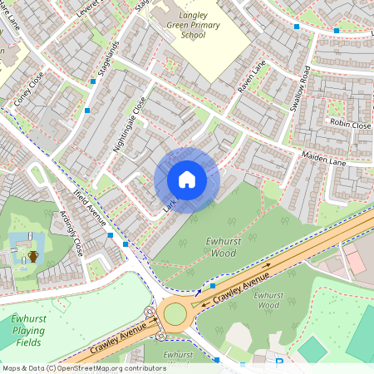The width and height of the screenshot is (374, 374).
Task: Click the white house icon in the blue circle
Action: pyautogui.click(x=187, y=180)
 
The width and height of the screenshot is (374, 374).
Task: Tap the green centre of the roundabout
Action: pyautogui.click(x=175, y=313)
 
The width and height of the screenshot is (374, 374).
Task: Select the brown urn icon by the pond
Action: pyautogui.click(x=32, y=256)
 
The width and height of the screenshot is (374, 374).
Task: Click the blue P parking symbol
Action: pyautogui.click(x=279, y=362)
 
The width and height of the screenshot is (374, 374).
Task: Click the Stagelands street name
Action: pyautogui.click(x=104, y=60)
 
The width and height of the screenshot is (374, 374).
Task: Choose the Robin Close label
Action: pyautogui.click(x=350, y=124)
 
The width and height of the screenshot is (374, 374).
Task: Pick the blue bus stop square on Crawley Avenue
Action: pyautogui.click(x=213, y=285)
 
